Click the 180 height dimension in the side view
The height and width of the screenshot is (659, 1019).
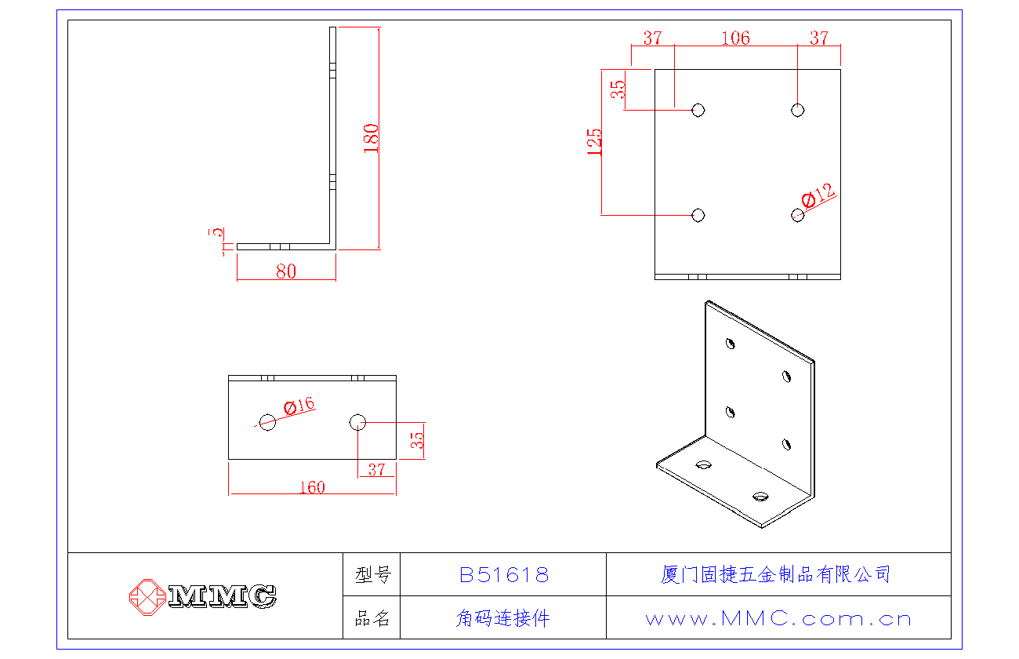coord(372,138)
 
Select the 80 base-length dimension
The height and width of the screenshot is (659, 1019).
coord(286,271)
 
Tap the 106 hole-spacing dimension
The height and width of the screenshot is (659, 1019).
coord(735,38)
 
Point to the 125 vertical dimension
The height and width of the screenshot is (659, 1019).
coord(595,142)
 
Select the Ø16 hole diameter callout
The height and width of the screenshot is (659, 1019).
coord(299,406)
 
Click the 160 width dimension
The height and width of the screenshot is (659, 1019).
coord(312,487)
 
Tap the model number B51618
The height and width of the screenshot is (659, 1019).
coord(504,575)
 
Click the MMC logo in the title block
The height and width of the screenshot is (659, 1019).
coord(203,596)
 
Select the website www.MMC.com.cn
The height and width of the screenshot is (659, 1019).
coord(778,619)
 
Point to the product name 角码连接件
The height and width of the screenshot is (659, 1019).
coord(502,618)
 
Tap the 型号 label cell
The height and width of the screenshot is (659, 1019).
coord(372,575)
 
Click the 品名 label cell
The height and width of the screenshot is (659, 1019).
coord(372,618)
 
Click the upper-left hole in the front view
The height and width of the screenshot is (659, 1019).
coord(698,110)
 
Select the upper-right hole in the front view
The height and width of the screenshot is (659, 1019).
coord(797,110)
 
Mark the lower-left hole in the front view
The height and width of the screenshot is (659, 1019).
coord(698,215)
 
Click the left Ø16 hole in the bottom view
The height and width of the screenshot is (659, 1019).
coord(268,422)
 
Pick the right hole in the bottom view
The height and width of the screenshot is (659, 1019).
coord(357,422)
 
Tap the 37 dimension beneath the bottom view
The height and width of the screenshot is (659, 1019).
coord(376,469)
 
